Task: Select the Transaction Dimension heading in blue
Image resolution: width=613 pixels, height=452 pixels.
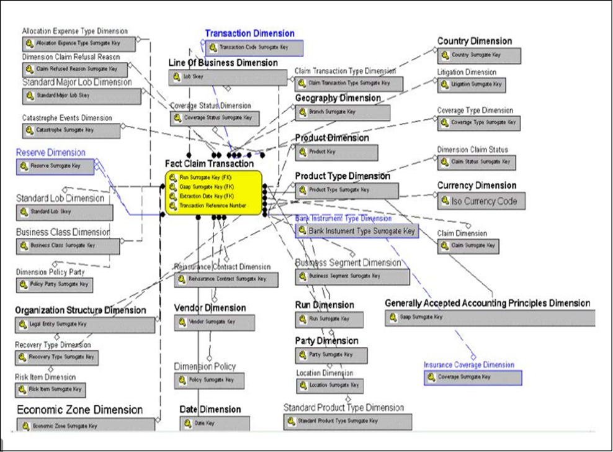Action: pyautogui.click(x=249, y=34)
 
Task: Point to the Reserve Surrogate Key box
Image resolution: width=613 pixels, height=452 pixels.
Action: pyautogui.click(x=56, y=166)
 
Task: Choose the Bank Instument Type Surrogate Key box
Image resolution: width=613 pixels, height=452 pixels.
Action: pyautogui.click(x=356, y=231)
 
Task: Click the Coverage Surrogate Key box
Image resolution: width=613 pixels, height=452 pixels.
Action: pyautogui.click(x=473, y=377)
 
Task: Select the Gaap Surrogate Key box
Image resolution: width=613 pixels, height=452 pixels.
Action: pyautogui.click(x=490, y=317)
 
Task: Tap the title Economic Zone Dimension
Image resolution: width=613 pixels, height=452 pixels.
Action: pyautogui.click(x=79, y=410)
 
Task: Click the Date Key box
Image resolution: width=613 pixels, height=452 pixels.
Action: pyautogui.click(x=215, y=423)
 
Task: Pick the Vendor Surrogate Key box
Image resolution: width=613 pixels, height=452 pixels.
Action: pyautogui.click(x=214, y=322)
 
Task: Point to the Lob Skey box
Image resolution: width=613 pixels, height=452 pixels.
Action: pyautogui.click(x=228, y=77)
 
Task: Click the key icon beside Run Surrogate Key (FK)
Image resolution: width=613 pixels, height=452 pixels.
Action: pyautogui.click(x=172, y=178)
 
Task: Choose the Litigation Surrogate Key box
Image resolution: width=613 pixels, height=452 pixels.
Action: pyautogui.click(x=471, y=84)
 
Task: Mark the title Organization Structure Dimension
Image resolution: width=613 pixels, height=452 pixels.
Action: pyautogui.click(x=81, y=310)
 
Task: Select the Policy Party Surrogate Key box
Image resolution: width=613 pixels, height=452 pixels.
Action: pyautogui.click(x=54, y=285)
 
